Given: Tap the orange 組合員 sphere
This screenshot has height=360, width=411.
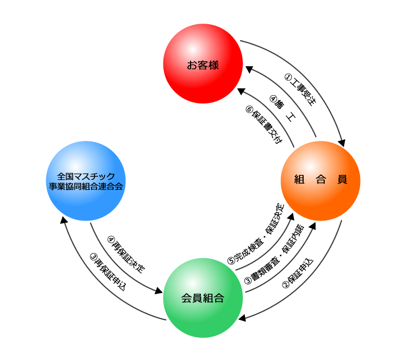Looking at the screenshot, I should point(320,181).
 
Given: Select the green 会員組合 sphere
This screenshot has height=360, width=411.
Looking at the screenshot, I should point(203,298).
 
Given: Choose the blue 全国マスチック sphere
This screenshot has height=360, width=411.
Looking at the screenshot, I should point(86,181).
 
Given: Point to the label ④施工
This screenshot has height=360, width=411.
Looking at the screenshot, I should point(282,108).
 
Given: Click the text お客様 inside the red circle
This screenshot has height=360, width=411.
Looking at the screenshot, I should point(203,66).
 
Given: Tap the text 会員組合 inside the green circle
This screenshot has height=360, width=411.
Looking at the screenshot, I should point(203,298).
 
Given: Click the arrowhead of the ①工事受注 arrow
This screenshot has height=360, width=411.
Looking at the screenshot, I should point(342,141).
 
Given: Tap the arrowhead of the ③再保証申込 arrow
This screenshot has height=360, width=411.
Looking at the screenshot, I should point(63,220).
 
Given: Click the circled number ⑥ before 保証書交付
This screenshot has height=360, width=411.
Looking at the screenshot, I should point(249,109).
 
